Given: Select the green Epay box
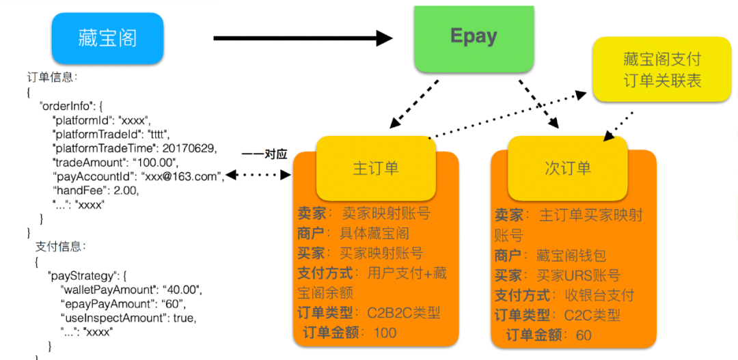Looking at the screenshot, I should (474, 38).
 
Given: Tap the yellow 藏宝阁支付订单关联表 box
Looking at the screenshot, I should (661, 70).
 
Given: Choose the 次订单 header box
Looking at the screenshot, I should (567, 168).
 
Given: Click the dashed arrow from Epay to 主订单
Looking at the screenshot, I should (413, 104).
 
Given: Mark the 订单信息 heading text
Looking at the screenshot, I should (50, 77).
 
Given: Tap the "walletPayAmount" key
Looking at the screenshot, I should (107, 290).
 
